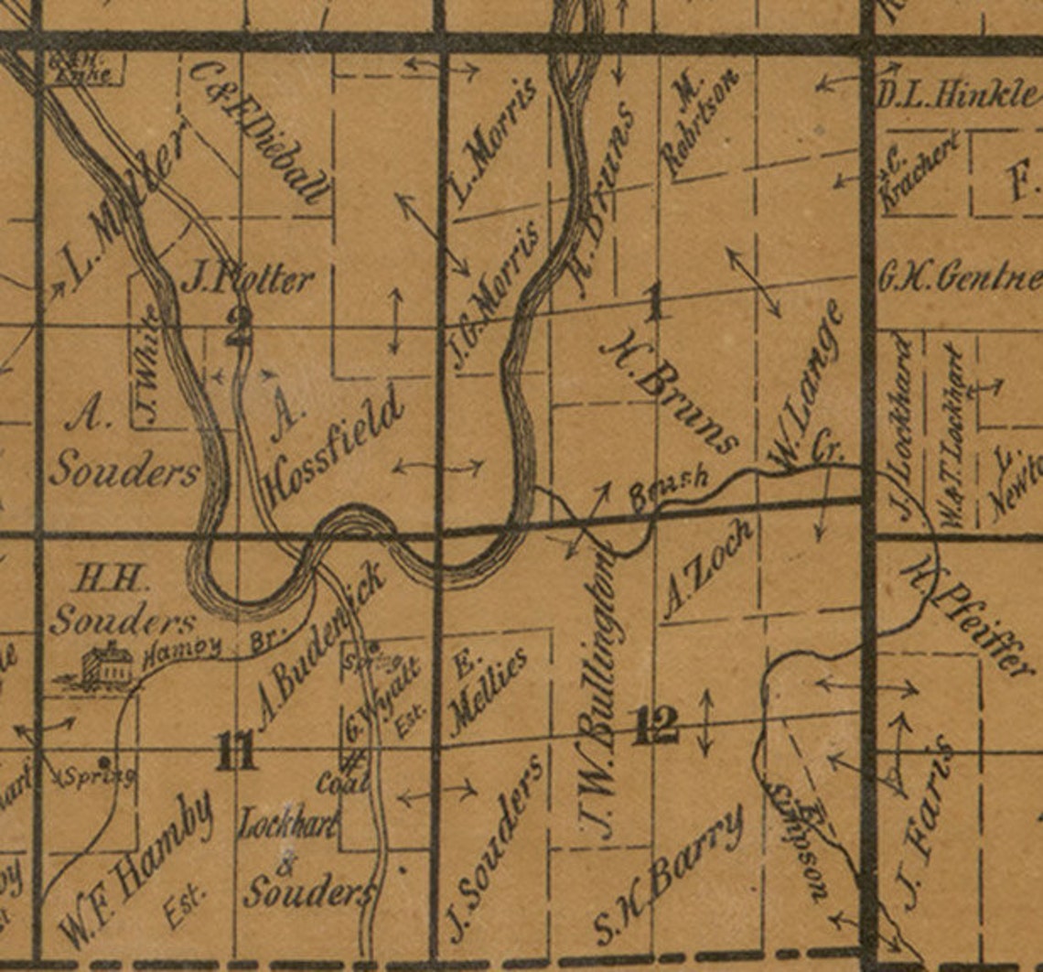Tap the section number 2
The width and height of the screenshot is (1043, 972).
(x=238, y=326)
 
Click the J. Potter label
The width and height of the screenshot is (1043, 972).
(x=247, y=278)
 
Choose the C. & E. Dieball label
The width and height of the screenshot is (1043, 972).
(x=259, y=135)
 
